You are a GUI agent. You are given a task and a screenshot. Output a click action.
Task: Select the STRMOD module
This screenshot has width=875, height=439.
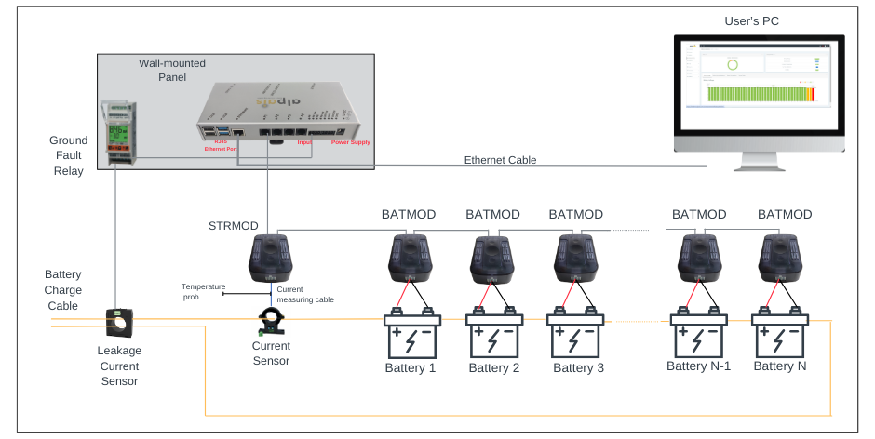[270, 258]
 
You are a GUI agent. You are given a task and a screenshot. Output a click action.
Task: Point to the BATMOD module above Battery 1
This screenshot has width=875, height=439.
[409, 258]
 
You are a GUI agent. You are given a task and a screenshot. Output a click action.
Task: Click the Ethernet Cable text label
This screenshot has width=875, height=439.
[500, 160]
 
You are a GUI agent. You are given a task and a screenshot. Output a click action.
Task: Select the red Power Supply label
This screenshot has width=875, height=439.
[350, 143]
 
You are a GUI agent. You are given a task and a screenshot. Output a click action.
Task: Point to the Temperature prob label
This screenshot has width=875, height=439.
[203, 291]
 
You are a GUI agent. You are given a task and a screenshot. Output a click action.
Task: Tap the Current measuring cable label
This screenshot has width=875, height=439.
[304, 295]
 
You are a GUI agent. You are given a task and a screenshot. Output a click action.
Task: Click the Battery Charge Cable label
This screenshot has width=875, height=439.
[63, 290]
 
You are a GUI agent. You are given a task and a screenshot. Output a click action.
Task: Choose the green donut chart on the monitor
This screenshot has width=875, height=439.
[732, 65]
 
